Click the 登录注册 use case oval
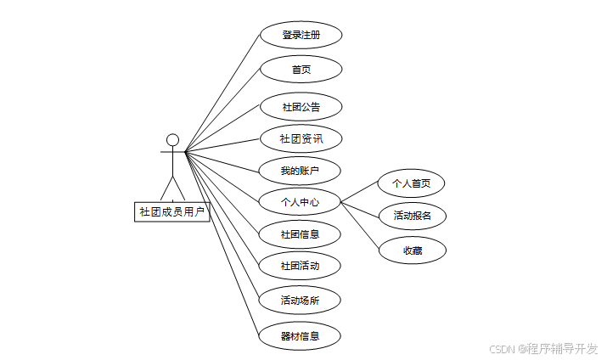(x=301, y=36)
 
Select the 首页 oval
(x=301, y=70)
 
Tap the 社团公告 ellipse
(x=301, y=107)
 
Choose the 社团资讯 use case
(x=301, y=138)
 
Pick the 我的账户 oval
(x=301, y=171)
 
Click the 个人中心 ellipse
(x=301, y=202)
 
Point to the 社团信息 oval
(x=301, y=233)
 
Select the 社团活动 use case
(x=301, y=266)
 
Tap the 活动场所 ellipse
(x=301, y=300)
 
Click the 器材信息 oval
(x=301, y=335)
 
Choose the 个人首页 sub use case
(x=412, y=183)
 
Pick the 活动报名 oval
(x=413, y=216)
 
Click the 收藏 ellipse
(x=413, y=250)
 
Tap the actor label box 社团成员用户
(x=172, y=211)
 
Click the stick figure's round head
(x=173, y=139)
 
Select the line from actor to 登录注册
(x=222, y=93)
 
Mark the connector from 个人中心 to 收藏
(x=360, y=226)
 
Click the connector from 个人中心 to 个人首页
(x=360, y=193)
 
